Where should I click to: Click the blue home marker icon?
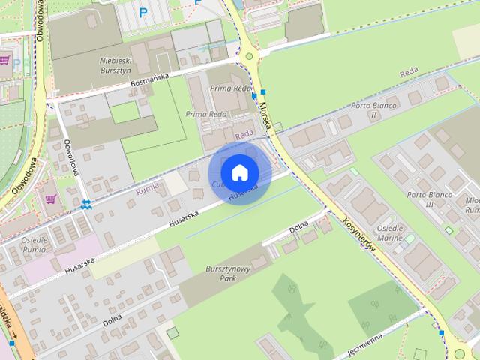pos(239,173)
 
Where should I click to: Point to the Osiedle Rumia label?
pos(34,244)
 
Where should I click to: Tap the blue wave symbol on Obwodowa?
pos(88,204)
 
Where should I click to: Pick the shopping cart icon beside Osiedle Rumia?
pos(51,199)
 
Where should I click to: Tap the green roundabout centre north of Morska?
pos(249,55)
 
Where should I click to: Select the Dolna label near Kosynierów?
pos(298,226)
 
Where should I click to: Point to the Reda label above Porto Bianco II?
pos(409,73)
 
